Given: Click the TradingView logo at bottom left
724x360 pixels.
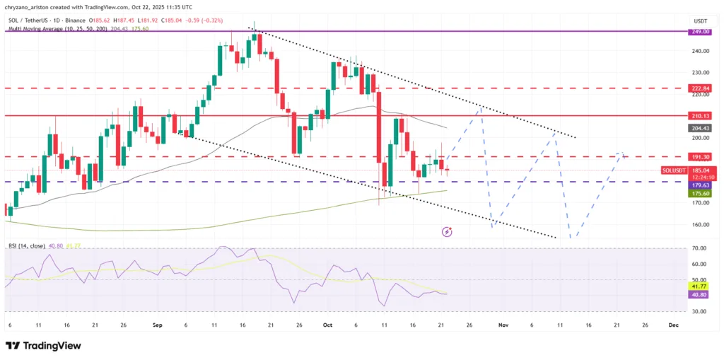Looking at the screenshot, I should (43, 345).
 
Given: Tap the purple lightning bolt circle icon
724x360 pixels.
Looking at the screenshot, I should (447, 231).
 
